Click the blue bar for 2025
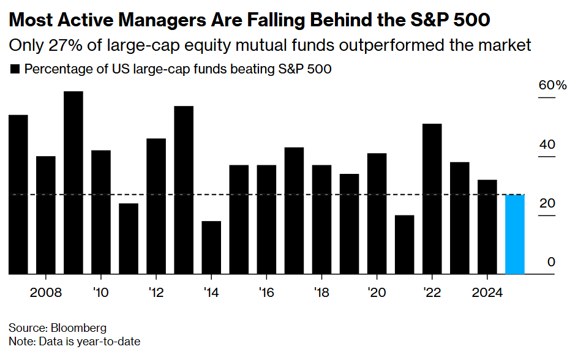click(515, 234)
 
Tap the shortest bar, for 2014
click(211, 247)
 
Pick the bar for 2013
click(184, 190)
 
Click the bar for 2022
click(432, 199)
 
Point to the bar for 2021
click(405, 244)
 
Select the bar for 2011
click(129, 239)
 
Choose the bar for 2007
click(18, 195)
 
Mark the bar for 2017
click(295, 211)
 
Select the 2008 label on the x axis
click(46, 292)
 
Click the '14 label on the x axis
click(211, 292)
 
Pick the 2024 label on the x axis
click(487, 292)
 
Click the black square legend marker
click(15, 69)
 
